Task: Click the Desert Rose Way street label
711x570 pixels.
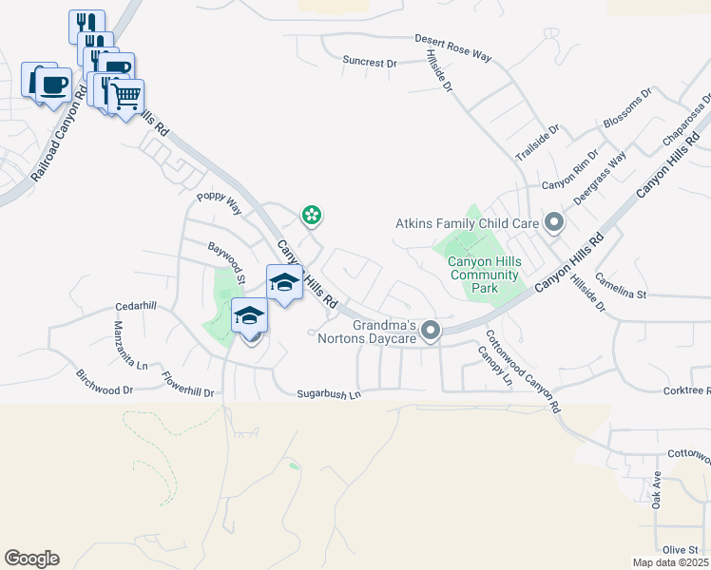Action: click(x=452, y=47)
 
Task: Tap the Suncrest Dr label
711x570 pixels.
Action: click(x=370, y=62)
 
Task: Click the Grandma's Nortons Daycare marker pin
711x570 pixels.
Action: click(x=431, y=331)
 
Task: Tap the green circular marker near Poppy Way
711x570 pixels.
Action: click(x=311, y=216)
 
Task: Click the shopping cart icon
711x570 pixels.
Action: click(x=126, y=95)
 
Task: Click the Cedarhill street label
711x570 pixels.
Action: click(x=134, y=306)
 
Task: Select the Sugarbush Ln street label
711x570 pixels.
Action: click(x=329, y=393)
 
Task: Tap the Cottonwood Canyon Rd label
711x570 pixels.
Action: click(x=522, y=370)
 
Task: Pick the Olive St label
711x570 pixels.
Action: click(x=681, y=550)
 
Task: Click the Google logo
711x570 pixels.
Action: click(x=31, y=559)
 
